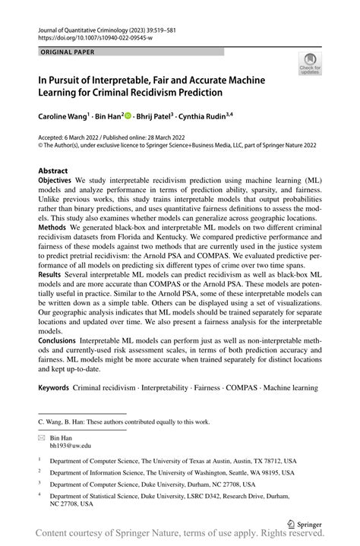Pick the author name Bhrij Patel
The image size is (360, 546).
coord(156,118)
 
